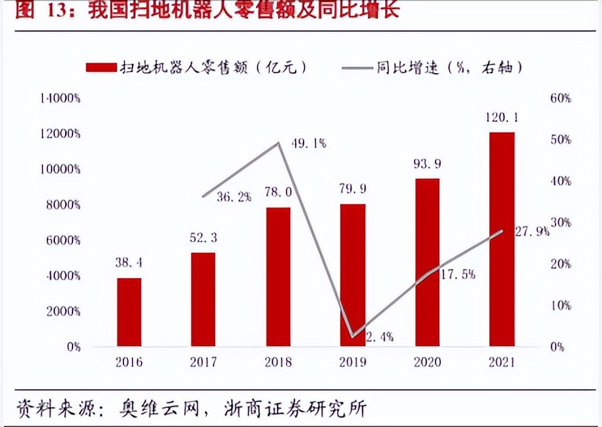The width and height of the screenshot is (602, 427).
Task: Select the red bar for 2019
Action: (353, 275)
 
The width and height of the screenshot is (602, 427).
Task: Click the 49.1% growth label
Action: (309, 143)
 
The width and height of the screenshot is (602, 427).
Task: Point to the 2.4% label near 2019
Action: (379, 338)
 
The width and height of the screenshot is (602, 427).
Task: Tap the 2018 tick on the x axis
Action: (279, 363)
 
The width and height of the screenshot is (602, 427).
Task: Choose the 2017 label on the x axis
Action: (204, 363)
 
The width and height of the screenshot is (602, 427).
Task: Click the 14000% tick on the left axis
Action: (59, 99)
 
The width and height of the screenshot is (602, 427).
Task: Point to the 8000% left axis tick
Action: (62, 205)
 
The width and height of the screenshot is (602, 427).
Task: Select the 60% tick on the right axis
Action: (560, 99)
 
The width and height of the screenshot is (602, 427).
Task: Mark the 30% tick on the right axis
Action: (560, 223)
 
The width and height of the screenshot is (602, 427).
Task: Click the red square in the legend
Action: (99, 67)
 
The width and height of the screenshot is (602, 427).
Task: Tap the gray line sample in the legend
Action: (355, 67)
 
